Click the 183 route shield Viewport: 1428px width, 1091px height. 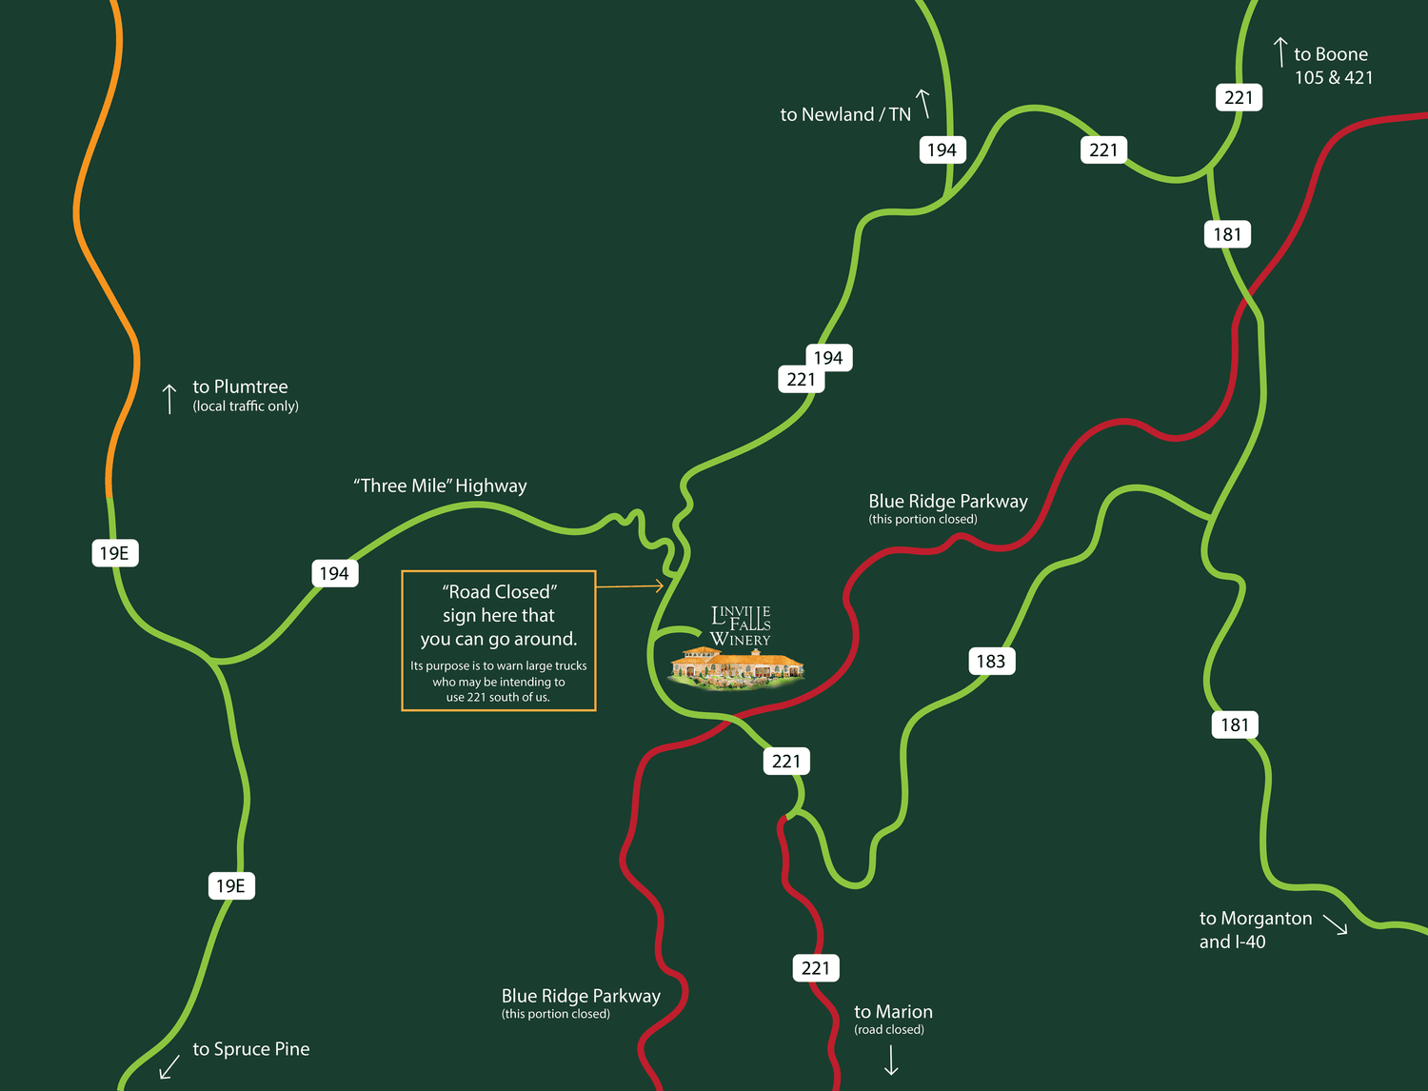[x=991, y=662]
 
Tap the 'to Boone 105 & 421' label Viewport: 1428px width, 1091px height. [x=1333, y=66]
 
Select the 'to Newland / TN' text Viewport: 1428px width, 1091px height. [x=845, y=114]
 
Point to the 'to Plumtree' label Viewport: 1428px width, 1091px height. [x=240, y=387]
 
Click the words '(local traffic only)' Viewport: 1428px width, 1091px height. [x=246, y=407]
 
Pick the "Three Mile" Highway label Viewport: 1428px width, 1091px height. [x=440, y=486]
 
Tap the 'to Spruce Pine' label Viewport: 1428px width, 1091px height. [x=251, y=1049]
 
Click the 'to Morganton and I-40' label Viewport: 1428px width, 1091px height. [x=1255, y=930]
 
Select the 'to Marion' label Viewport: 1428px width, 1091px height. [x=893, y=1012]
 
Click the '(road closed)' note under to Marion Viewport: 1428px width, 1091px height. [x=889, y=1030]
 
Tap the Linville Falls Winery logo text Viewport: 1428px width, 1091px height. [x=741, y=626]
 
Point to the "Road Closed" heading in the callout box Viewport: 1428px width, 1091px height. [x=499, y=592]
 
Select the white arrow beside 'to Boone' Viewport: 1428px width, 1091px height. [x=1281, y=51]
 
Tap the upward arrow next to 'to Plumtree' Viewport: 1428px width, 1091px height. [x=169, y=399]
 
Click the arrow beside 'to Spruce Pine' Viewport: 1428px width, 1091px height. [x=169, y=1065]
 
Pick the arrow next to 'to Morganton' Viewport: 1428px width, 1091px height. [x=1336, y=925]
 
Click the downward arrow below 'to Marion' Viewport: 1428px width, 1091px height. [x=891, y=1061]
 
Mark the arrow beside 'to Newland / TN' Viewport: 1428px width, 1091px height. [x=922, y=103]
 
